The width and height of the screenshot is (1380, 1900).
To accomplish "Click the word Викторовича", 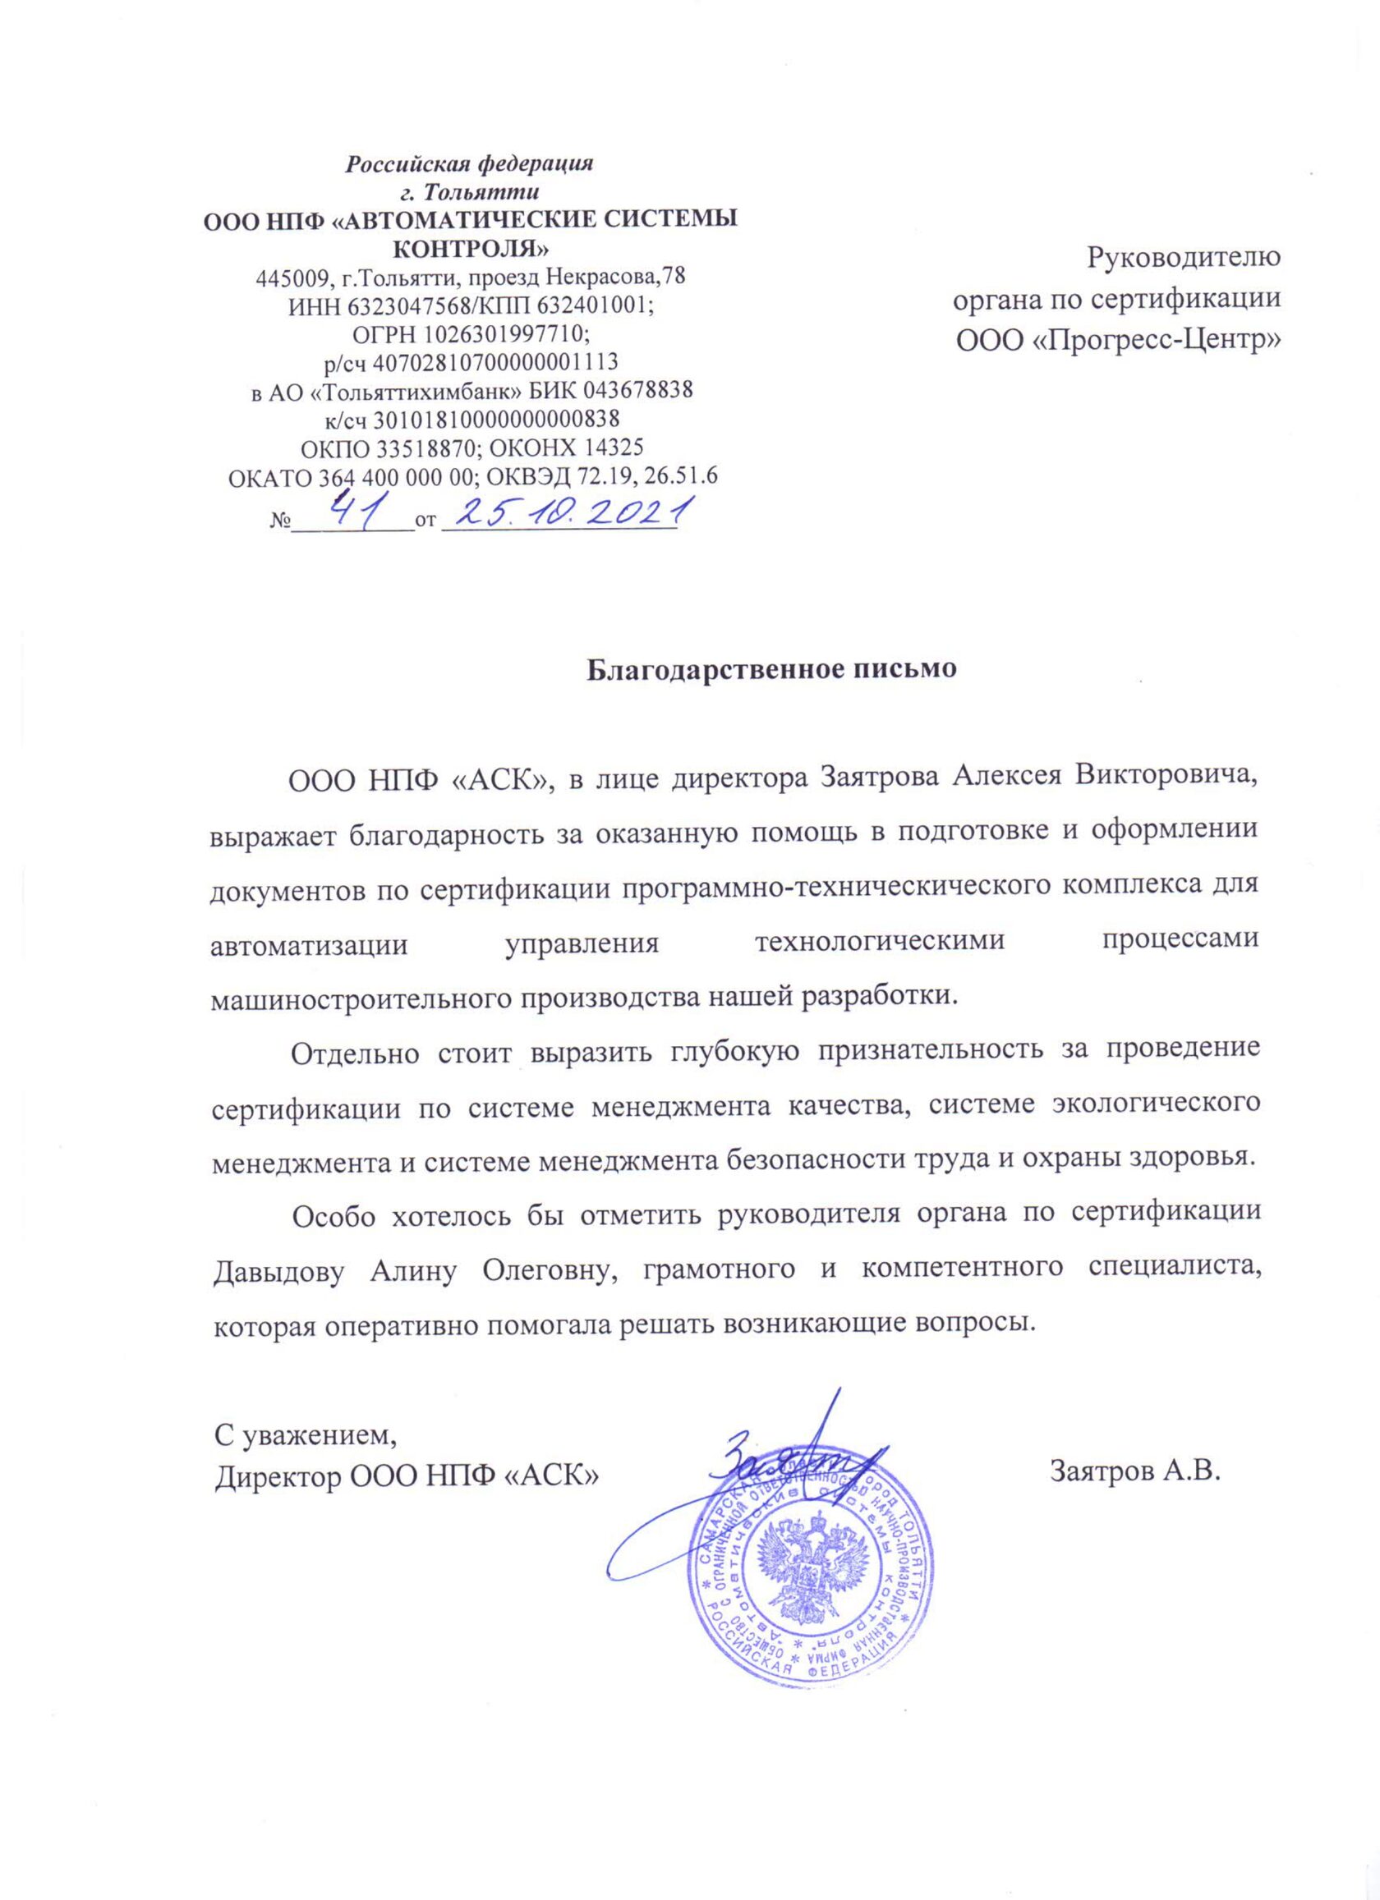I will coord(1167,777).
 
